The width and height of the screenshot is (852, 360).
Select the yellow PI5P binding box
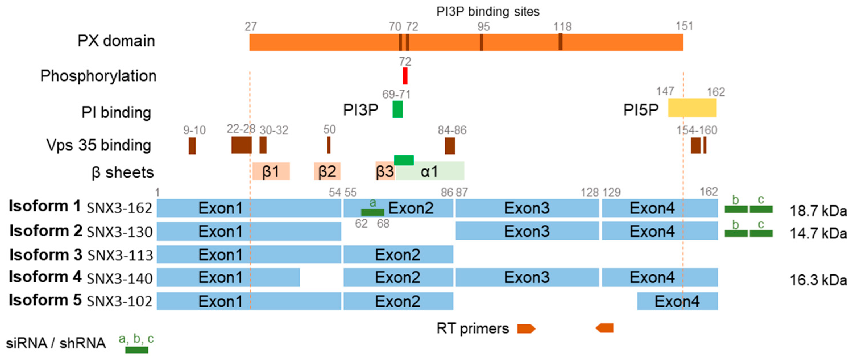[692, 108]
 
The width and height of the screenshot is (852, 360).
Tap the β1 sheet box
[271, 171]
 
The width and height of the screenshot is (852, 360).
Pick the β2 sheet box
[327, 171]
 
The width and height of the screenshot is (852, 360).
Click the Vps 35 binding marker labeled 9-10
[192, 146]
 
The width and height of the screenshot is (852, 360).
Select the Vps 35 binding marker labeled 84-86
[449, 146]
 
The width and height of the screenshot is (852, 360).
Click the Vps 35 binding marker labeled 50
[328, 145]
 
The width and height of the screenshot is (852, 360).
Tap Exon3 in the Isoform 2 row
[527, 231]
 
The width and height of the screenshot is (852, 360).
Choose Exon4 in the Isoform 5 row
[677, 301]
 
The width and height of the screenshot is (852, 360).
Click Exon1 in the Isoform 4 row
[228, 277]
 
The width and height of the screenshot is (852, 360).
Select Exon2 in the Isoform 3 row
[398, 255]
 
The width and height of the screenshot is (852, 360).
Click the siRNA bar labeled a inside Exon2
[372, 212]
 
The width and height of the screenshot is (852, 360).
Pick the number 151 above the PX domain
[684, 26]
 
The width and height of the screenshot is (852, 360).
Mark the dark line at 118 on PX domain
[560, 42]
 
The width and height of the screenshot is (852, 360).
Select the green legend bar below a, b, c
[136, 350]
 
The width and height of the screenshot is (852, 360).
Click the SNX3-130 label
[119, 232]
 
